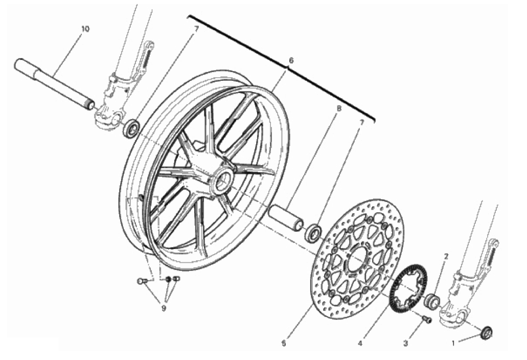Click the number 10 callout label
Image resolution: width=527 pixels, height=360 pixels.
[85, 29]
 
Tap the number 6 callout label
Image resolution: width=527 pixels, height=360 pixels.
[291, 60]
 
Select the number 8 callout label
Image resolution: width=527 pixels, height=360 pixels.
[339, 108]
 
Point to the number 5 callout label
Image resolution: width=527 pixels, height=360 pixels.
[284, 344]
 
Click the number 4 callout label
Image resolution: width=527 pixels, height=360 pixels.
[360, 344]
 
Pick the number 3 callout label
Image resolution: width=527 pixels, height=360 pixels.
[405, 344]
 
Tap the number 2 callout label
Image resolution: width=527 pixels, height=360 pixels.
[446, 257]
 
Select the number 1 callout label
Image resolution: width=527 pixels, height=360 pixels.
[453, 344]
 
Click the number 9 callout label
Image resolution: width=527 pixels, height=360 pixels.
[164, 308]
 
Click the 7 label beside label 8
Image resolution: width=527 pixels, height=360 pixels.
[361, 123]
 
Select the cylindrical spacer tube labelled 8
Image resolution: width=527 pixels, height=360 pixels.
[286, 218]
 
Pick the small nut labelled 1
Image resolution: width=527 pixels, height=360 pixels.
[487, 332]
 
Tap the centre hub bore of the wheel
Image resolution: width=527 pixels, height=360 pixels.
[222, 181]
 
